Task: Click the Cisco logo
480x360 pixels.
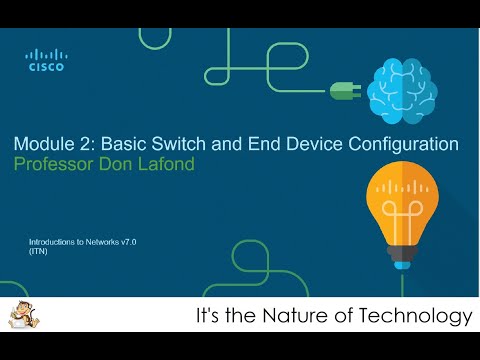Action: [44, 61]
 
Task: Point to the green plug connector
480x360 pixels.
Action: [343, 89]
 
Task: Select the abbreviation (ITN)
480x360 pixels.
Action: [39, 252]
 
